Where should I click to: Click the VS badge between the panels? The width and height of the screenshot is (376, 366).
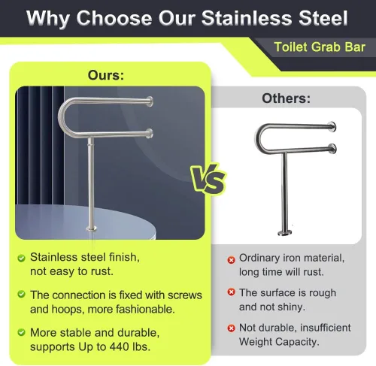(x=208, y=179)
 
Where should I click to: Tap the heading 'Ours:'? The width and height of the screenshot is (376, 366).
(x=106, y=75)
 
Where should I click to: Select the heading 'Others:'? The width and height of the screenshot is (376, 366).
(x=286, y=98)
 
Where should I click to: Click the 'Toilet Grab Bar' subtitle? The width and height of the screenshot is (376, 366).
(x=320, y=47)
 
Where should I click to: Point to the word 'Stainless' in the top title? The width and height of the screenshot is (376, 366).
(x=247, y=18)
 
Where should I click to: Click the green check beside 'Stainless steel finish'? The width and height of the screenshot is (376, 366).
(x=22, y=258)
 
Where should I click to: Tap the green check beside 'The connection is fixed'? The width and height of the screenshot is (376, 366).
(x=22, y=294)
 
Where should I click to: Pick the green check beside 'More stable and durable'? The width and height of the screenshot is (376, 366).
(x=22, y=332)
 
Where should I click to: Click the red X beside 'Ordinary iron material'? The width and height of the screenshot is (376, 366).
(x=231, y=260)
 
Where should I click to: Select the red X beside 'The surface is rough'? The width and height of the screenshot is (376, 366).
(x=231, y=292)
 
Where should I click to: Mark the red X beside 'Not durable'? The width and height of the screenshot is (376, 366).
(x=231, y=328)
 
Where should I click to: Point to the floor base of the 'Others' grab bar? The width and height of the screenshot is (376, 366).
(x=285, y=233)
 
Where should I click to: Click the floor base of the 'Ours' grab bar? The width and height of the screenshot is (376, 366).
(x=92, y=228)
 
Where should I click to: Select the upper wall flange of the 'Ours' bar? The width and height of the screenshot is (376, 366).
(x=150, y=101)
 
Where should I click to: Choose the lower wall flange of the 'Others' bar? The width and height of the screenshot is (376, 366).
(x=333, y=149)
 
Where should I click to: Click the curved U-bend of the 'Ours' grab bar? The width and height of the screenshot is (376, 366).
(x=62, y=116)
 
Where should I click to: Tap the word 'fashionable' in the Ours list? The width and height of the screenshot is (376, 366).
(x=145, y=309)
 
